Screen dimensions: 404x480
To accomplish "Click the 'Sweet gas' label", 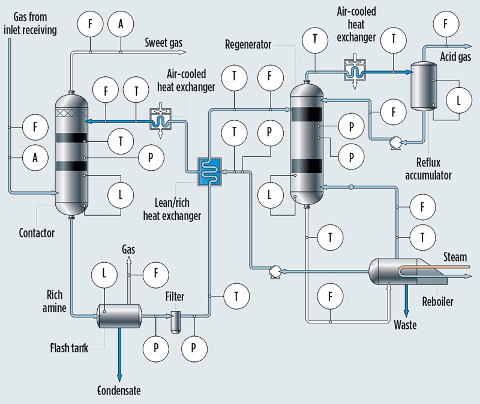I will click(164, 43).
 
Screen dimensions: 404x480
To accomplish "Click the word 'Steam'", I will click(455, 257).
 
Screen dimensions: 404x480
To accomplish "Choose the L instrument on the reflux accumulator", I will click(458, 100).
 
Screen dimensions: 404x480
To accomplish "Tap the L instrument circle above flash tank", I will click(104, 275).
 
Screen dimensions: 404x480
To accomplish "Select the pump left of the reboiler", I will click(274, 271).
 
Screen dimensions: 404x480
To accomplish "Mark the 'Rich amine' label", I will click(61, 301).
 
